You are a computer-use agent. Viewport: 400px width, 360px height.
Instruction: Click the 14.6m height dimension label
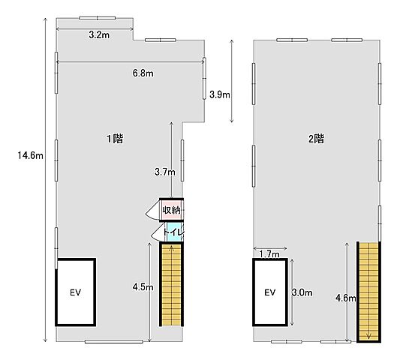coord(30,155)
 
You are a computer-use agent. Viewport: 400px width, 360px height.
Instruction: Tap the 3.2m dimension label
coord(99,35)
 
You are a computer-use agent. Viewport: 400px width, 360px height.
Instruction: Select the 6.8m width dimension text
coord(143,73)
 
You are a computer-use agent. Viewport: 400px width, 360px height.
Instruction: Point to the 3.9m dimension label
coord(220,94)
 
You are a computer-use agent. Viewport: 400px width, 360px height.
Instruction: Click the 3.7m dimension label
coord(165,172)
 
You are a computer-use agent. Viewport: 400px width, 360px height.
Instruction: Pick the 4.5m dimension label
coord(143,287)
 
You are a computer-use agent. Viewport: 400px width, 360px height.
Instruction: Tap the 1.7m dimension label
coord(269,254)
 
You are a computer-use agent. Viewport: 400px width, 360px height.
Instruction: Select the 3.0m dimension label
coord(302,292)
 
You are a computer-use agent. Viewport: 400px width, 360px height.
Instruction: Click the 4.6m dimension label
coord(346,298)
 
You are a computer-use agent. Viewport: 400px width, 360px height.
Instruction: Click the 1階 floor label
coord(115,139)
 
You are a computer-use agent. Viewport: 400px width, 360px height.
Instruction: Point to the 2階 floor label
coord(317,139)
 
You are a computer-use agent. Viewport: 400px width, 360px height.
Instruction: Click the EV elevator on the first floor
coord(76,292)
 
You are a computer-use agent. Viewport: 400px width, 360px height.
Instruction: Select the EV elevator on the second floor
coord(270,292)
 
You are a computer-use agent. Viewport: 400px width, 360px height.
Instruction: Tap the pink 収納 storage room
coord(171,210)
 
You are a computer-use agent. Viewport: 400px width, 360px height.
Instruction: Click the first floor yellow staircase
coord(171,284)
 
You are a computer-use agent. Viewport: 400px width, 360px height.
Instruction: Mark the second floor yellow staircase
coord(368,291)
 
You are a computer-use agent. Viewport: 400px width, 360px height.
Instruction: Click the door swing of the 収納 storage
coord(152,210)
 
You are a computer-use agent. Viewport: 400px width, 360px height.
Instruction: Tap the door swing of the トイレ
coord(158,232)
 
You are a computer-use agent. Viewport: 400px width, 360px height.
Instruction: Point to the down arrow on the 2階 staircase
coord(368,336)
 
